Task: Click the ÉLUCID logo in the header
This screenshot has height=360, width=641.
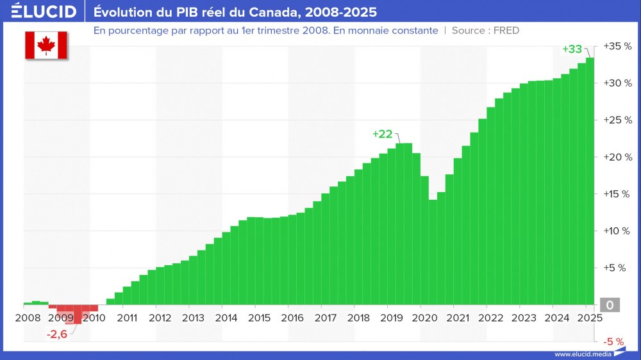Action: click(39, 12)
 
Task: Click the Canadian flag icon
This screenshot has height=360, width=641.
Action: click(46, 44)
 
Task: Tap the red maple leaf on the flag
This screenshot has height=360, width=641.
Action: click(46, 44)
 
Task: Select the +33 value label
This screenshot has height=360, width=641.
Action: click(572, 49)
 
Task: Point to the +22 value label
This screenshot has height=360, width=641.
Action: click(382, 134)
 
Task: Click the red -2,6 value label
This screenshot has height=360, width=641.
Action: click(57, 333)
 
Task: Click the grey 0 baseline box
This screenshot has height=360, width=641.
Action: click(610, 306)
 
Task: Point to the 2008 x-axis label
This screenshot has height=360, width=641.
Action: click(28, 318)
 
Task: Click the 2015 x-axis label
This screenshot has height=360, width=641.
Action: click(259, 318)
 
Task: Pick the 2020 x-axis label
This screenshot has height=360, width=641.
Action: click(424, 318)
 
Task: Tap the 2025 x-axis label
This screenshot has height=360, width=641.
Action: click(588, 318)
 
